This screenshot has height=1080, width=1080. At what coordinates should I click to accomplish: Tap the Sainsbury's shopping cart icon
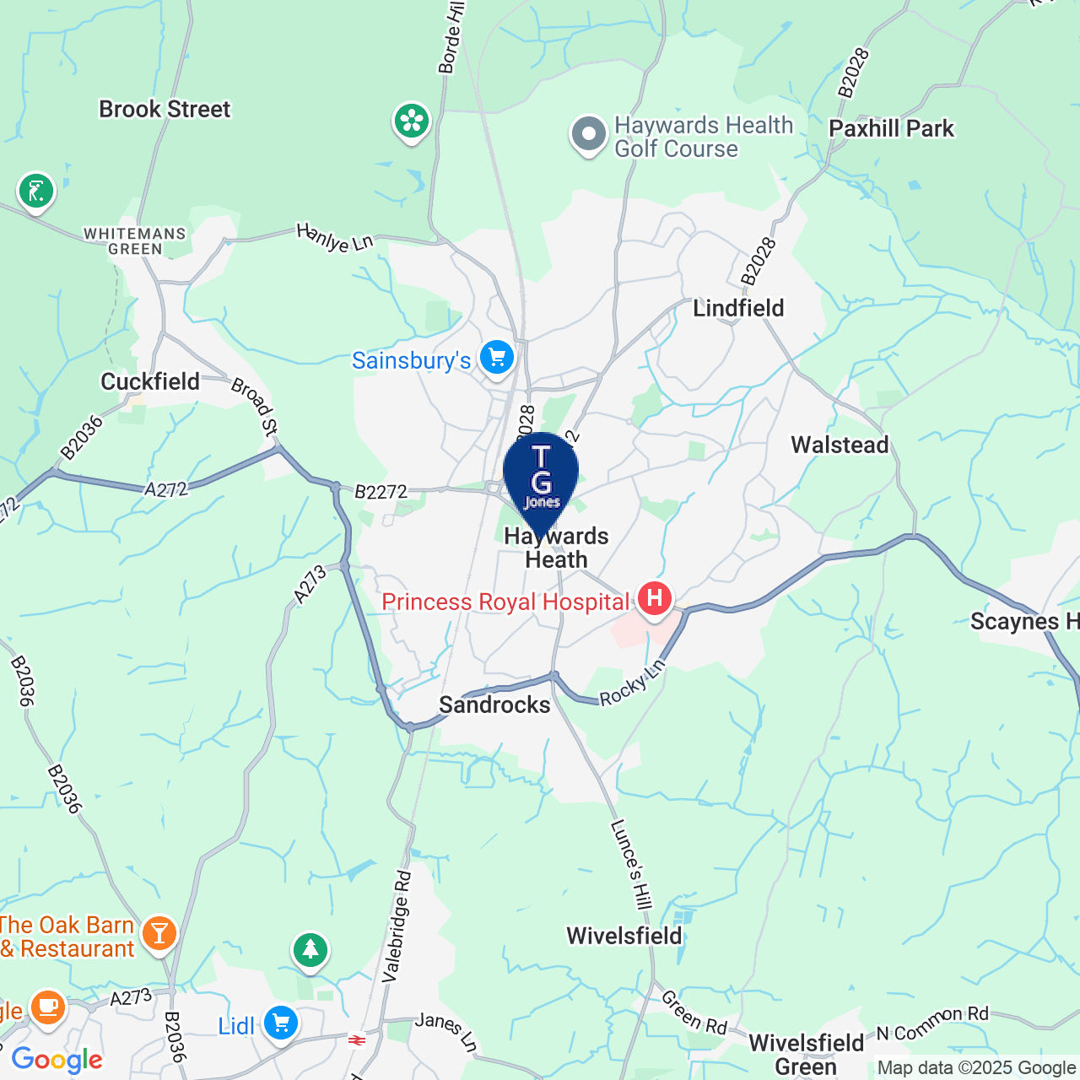(497, 359)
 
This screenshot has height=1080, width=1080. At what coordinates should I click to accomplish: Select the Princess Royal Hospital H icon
(654, 599)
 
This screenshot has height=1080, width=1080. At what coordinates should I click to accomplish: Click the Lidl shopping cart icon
(281, 1024)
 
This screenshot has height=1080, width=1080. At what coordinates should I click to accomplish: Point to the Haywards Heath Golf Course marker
(589, 134)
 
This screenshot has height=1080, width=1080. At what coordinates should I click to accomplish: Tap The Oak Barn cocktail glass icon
(159, 934)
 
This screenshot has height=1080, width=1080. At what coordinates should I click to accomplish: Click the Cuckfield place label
(150, 382)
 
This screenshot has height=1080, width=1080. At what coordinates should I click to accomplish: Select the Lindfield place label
(738, 308)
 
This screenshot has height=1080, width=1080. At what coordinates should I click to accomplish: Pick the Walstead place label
(840, 445)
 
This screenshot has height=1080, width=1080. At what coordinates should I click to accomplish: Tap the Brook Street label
(165, 110)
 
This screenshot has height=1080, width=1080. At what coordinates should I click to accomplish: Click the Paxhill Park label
(891, 129)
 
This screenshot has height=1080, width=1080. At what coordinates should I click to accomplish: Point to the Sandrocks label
(494, 705)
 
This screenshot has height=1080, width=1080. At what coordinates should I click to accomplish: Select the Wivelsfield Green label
(806, 1054)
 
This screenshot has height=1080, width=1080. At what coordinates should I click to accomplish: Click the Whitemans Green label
(135, 241)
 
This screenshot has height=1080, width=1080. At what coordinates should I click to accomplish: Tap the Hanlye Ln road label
(335, 238)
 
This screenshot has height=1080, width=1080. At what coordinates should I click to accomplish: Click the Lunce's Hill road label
(631, 864)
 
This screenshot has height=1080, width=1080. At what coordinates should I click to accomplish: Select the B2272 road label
(381, 492)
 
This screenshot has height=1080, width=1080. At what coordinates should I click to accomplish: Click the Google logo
(57, 1060)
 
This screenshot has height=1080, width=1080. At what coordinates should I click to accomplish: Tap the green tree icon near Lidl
(310, 951)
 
